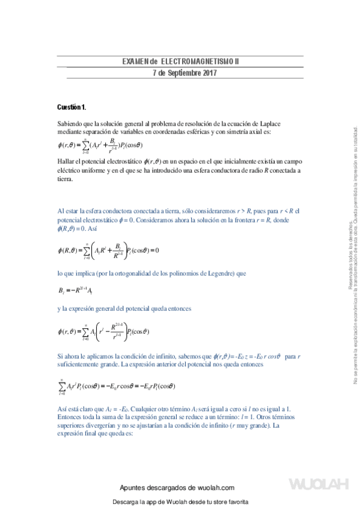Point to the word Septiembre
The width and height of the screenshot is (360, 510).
[182, 73]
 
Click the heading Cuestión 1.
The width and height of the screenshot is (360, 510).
[72, 107]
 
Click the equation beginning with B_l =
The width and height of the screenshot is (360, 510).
[76, 291]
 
